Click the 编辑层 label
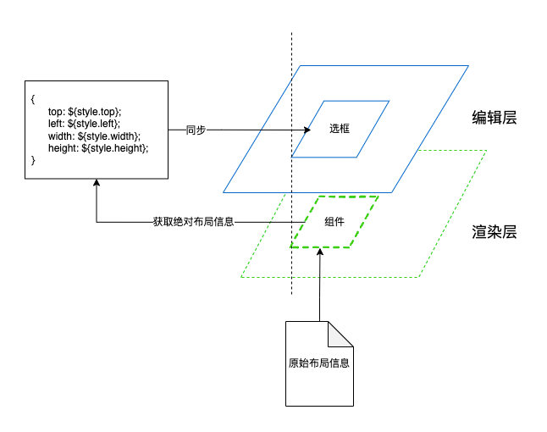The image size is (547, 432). pyautogui.click(x=494, y=119)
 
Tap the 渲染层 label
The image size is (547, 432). pyautogui.click(x=494, y=232)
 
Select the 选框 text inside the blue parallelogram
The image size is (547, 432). pyautogui.click(x=340, y=129)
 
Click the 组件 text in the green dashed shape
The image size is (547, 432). pyautogui.click(x=334, y=222)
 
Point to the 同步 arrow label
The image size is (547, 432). pyautogui.click(x=196, y=130)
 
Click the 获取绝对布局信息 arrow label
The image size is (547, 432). pyautogui.click(x=193, y=222)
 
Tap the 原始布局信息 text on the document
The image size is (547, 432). pyautogui.click(x=319, y=363)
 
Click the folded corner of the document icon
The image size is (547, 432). pyautogui.click(x=342, y=332)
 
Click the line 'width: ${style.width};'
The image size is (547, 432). pyautogui.click(x=94, y=136)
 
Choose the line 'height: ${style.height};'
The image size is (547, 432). pyautogui.click(x=98, y=148)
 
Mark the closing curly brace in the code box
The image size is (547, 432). pyautogui.click(x=32, y=160)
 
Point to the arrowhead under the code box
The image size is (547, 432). pyautogui.click(x=97, y=184)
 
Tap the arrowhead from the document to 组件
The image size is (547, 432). pyautogui.click(x=320, y=252)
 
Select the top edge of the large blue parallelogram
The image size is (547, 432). pyautogui.click(x=381, y=66)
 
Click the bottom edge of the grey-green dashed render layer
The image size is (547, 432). pyautogui.click(x=330, y=277)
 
